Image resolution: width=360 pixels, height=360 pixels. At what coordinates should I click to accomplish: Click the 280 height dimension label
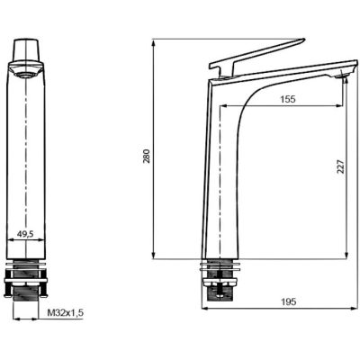pyautogui.click(x=147, y=156)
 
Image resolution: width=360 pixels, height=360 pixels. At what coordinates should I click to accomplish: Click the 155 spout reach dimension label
pyautogui.click(x=288, y=99)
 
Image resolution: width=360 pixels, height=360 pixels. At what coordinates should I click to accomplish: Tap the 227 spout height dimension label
pyautogui.click(x=341, y=166)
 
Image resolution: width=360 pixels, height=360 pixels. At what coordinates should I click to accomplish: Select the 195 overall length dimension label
pyautogui.click(x=288, y=301)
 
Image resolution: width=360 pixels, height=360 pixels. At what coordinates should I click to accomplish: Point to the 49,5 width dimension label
pyautogui.click(x=25, y=234)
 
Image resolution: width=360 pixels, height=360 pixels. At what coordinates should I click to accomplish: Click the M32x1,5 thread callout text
pyautogui.click(x=66, y=313)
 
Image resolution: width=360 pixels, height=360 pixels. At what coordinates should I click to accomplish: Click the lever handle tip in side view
pyautogui.click(x=303, y=40)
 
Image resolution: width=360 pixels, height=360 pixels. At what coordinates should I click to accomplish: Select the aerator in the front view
pyautogui.click(x=26, y=75)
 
